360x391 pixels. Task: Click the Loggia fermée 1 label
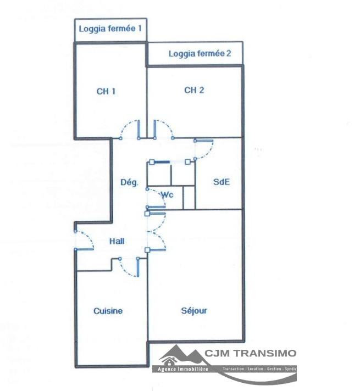110,29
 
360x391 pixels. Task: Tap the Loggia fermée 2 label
200,54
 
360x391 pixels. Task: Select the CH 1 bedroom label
106,91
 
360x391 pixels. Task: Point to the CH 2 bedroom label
194,90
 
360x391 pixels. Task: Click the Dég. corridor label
129,182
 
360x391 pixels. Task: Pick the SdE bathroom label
221,182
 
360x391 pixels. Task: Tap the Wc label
167,194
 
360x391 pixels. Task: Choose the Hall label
117,241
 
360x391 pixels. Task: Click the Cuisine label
108,311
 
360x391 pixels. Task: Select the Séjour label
194,311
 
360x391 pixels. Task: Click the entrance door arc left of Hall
88,236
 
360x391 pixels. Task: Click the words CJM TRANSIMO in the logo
251,353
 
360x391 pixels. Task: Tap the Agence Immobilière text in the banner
182,369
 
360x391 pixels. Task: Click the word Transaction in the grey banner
233,369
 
